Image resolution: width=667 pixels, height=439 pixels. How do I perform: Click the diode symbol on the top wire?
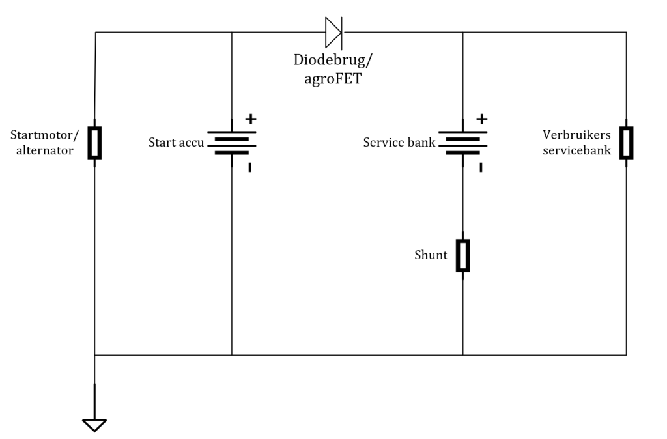point(333,33)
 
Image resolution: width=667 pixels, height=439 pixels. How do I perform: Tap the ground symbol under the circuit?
point(94,425)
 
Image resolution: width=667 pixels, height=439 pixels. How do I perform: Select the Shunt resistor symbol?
point(463,255)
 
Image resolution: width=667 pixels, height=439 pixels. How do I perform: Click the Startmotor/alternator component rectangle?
point(94,143)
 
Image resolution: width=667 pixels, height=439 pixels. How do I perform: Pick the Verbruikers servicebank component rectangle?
point(626,143)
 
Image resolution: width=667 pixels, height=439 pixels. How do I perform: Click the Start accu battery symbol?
point(232,143)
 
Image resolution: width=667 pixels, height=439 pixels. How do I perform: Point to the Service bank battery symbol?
point(463,143)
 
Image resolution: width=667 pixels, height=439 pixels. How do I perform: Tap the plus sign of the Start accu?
point(251,119)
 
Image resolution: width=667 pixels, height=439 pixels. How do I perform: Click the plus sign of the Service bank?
point(482,119)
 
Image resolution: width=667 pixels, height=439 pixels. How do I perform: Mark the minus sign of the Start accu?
point(249,167)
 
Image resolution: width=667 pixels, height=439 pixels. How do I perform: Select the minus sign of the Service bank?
point(481,167)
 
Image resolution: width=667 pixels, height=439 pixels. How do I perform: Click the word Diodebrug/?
point(333,60)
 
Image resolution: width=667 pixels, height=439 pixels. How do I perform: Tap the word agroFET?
point(333,79)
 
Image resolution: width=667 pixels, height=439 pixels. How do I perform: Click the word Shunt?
point(431,255)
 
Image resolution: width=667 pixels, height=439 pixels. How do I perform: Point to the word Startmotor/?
point(45,135)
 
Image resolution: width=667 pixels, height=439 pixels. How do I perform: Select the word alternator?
point(45,150)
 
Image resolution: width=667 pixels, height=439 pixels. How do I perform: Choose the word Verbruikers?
point(576,135)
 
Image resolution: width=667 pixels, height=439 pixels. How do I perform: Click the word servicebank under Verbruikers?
point(576,150)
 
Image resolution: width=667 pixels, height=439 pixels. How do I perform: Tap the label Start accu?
point(176,142)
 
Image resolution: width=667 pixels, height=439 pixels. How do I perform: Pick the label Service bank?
point(399,142)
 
